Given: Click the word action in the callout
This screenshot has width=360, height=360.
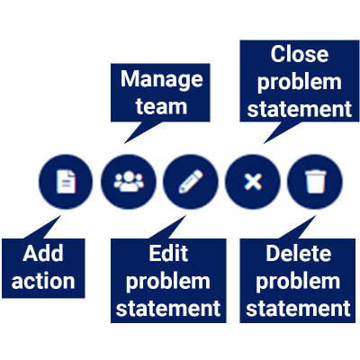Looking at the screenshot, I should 43,280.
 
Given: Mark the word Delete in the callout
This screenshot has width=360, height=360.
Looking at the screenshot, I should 297,254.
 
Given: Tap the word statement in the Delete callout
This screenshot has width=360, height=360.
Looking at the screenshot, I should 297,309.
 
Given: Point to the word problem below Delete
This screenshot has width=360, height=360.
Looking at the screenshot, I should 297,281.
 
